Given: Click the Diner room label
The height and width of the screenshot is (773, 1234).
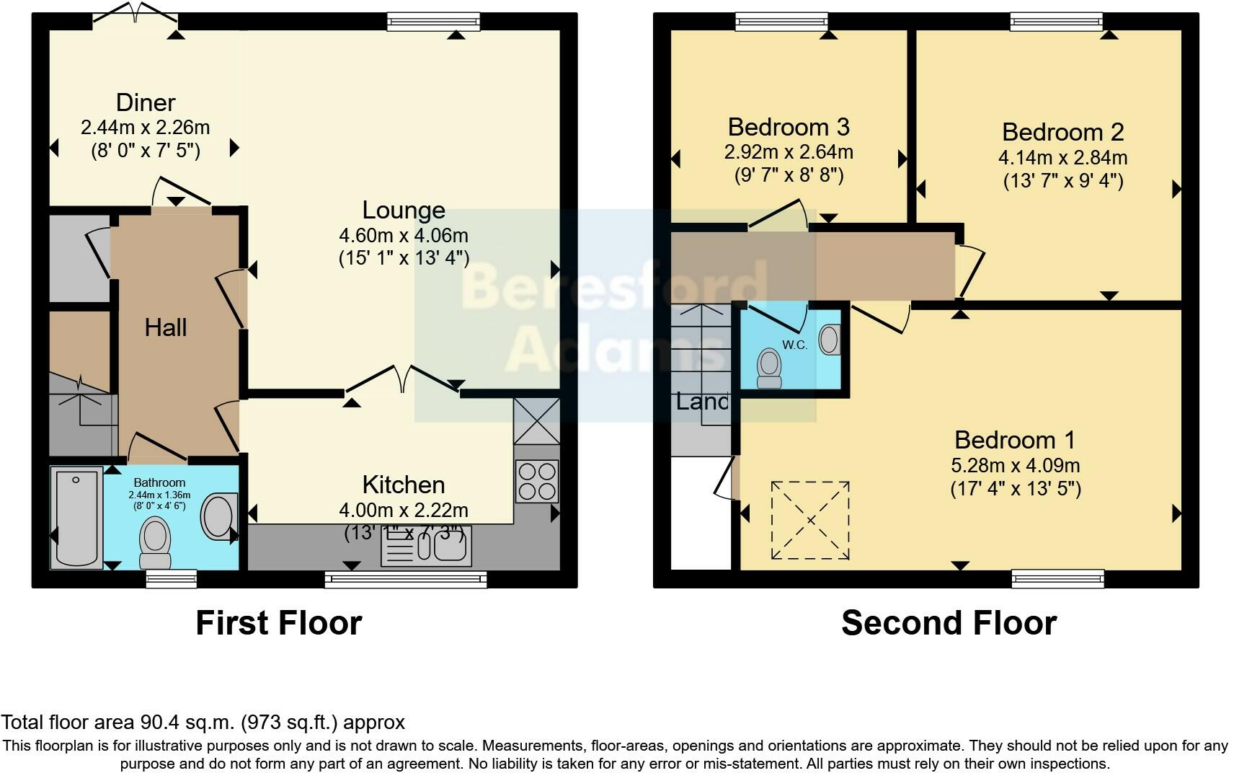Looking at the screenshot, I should coord(146,102).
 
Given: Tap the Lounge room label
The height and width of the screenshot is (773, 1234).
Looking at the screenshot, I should coord(404,210).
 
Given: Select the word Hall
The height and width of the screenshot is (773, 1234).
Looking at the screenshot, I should coord(166,327).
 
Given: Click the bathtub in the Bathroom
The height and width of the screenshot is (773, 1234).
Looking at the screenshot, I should coord(76,516).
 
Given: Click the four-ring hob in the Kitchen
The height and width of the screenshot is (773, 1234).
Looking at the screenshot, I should coord(537,481).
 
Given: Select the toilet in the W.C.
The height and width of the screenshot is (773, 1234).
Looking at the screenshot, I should coord(770,368).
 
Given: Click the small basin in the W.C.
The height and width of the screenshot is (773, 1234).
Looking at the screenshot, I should coord(830,339).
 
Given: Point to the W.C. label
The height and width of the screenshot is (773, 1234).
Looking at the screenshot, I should coord(795,345).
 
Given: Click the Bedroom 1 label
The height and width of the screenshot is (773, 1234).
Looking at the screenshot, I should coord(1015,439).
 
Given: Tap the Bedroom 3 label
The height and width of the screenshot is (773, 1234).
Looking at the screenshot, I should coord(789,127).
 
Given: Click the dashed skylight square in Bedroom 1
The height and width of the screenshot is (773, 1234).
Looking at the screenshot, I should coord(810,520).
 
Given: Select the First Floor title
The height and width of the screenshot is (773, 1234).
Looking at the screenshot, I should coord(279,623).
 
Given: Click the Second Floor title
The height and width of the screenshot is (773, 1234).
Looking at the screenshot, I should coord(949,623).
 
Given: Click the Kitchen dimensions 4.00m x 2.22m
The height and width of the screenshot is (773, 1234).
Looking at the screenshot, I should coord(404,510).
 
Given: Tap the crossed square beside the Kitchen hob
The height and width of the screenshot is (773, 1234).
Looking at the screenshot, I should coord(536,421).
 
